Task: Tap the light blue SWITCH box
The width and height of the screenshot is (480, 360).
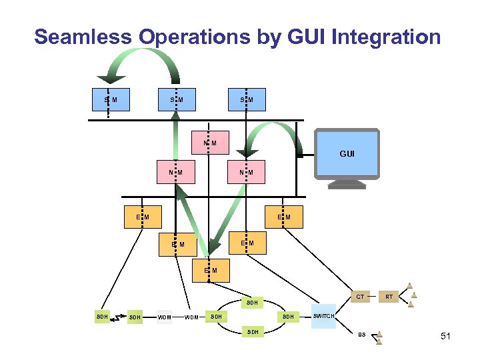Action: coord(324,316)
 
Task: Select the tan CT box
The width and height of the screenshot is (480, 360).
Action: coord(360,296)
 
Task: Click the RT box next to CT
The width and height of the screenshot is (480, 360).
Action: coord(389,296)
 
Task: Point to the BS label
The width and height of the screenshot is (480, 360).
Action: coord(362,335)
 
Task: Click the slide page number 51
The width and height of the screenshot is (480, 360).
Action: coord(445,337)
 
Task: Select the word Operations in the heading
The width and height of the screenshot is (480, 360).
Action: coord(194,37)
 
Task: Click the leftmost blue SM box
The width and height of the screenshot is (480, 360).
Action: coord(110,100)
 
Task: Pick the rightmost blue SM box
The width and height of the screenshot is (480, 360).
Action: coord(247,100)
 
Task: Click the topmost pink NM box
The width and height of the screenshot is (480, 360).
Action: coord(209,143)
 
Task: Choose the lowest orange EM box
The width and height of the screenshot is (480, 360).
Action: coord(210,270)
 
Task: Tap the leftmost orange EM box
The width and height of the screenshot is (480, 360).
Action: coord(143,217)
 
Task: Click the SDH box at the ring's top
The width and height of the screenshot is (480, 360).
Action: coord(251,302)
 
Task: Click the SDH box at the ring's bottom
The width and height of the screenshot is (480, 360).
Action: coord(251,331)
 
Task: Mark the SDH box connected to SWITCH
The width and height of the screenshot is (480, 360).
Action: coord(287,316)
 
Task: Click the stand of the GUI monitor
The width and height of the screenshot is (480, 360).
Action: coord(347,184)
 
